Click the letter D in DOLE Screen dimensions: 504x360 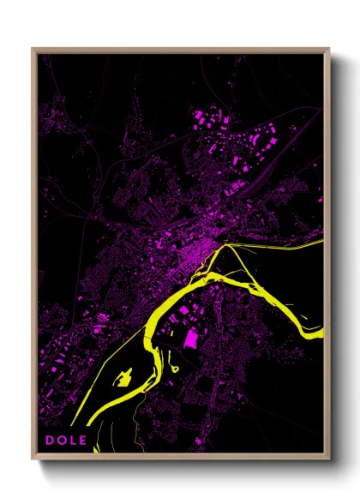(50, 441)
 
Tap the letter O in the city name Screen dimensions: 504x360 (61, 441)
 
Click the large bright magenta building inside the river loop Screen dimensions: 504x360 (190, 338)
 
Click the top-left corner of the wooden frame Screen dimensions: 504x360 (33, 49)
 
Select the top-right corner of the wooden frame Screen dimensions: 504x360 (328, 49)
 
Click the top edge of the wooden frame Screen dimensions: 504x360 (180, 50)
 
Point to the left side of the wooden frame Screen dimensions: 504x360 (34, 257)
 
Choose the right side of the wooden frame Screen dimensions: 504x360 (327, 257)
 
